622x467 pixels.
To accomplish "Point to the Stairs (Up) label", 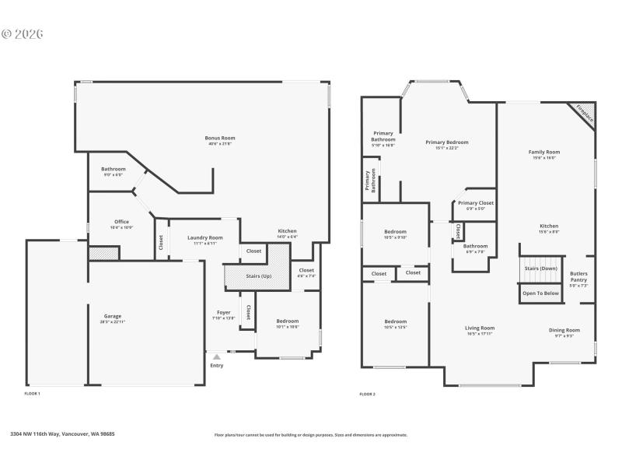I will tap(259, 276).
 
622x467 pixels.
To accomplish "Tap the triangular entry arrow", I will tap(216, 356).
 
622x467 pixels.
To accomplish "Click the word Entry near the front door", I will tap(216, 365).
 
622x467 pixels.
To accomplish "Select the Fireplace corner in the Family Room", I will tap(585, 114).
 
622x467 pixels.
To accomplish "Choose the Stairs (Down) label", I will tap(540, 269).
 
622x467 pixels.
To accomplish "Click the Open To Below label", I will tap(540, 293).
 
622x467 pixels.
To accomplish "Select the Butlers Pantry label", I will tap(578, 276).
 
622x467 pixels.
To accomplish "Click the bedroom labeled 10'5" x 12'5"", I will tap(395, 324).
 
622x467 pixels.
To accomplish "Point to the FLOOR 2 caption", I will tap(368, 395).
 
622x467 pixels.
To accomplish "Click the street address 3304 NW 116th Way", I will tap(62, 434).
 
